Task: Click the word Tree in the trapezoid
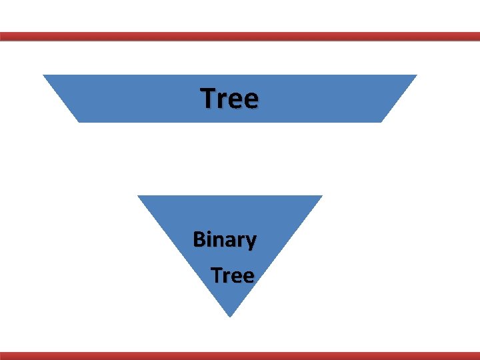coord(229,99)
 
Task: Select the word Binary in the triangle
coord(224,239)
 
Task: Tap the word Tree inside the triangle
coord(233,275)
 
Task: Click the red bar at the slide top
coord(240,37)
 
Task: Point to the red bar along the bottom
coord(240,355)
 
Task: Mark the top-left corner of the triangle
coord(139,196)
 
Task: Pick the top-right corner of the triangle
coord(321,196)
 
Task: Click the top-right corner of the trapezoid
coord(416,75)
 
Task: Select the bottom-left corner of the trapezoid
coord(79,121)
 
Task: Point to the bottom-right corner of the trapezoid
coord(382,121)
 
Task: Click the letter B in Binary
coord(199,239)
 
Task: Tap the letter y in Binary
coord(250,241)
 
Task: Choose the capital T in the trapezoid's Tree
coord(209,99)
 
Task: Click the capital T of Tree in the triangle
coord(217,275)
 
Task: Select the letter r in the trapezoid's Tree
coord(222,101)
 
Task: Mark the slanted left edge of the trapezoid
coord(61,99)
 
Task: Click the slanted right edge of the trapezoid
coord(399,99)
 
